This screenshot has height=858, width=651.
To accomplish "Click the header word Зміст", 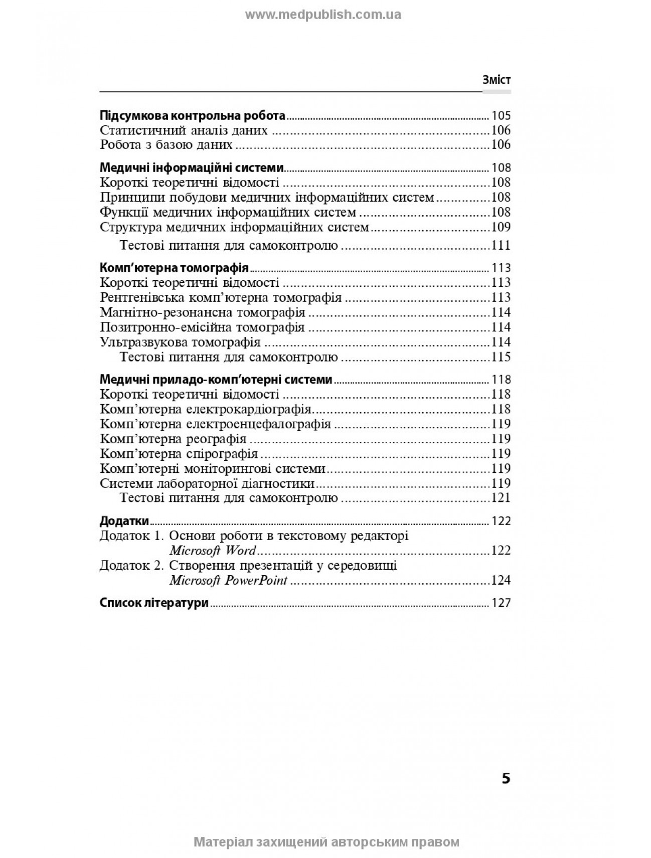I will pyautogui.click(x=496, y=80).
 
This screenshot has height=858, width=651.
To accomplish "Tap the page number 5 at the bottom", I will pyautogui.click(x=506, y=779).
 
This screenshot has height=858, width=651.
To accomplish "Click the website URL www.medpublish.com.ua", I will pyautogui.click(x=323, y=15).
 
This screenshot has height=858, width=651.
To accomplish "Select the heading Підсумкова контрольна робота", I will pyautogui.click(x=193, y=116).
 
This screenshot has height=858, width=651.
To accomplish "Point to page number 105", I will pyautogui.click(x=501, y=116).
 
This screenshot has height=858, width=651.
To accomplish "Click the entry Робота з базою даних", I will pyautogui.click(x=166, y=145).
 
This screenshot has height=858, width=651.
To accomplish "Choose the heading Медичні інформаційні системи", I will pyautogui.click(x=192, y=168).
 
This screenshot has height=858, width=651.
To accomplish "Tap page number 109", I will pyautogui.click(x=501, y=227).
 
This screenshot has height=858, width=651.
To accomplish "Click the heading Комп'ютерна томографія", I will pyautogui.click(x=175, y=268).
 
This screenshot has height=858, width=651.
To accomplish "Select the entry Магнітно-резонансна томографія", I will pyautogui.click(x=203, y=312).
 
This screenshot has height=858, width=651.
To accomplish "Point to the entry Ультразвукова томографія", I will pyautogui.click(x=180, y=342).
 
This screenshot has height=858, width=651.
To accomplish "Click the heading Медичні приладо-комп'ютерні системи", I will pyautogui.click(x=216, y=380).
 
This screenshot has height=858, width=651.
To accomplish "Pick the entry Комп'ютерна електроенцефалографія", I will pyautogui.click(x=215, y=424).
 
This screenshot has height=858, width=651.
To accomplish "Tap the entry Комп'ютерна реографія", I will pyautogui.click(x=173, y=439).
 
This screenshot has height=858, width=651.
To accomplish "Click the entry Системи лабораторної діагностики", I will pyautogui.click(x=207, y=484).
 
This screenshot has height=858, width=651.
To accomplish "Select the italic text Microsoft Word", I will pyautogui.click(x=213, y=551).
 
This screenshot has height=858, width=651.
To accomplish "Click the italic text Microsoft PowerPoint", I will pyautogui.click(x=228, y=581).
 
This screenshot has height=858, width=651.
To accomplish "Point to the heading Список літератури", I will pyautogui.click(x=154, y=603).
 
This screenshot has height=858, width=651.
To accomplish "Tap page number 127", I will pyautogui.click(x=501, y=603).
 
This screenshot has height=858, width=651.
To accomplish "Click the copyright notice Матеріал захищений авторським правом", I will pyautogui.click(x=326, y=842).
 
